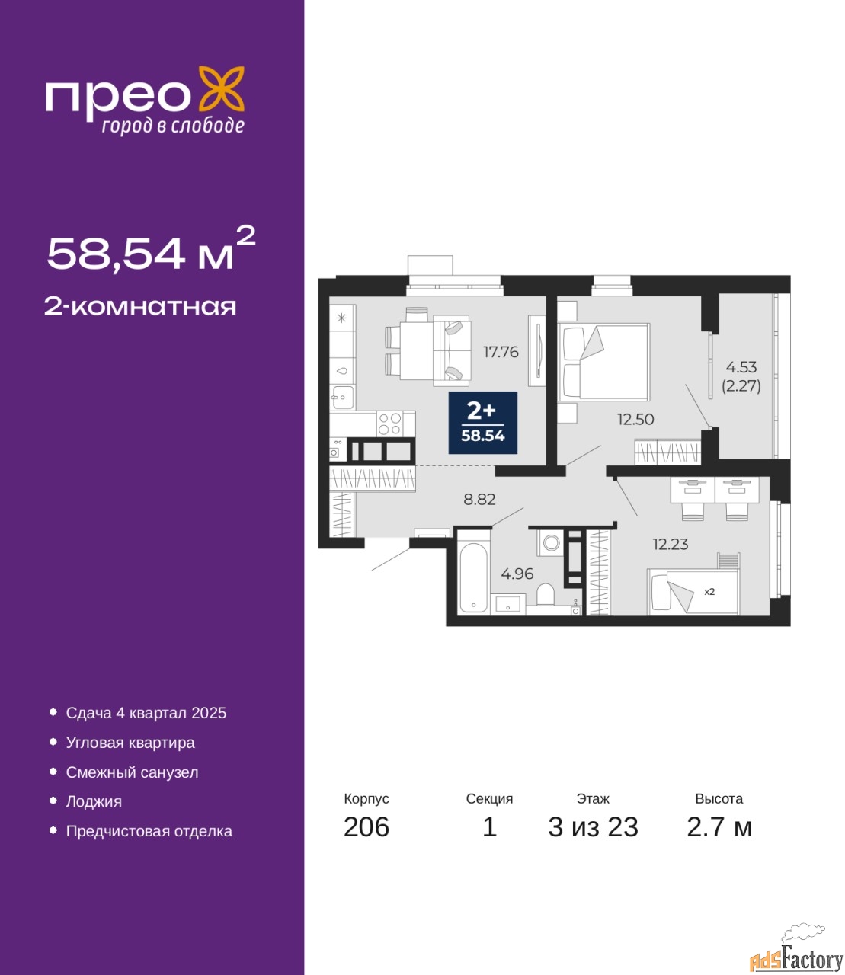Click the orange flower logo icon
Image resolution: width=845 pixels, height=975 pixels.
(221, 89)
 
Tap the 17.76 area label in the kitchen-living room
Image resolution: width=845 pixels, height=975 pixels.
(501, 351)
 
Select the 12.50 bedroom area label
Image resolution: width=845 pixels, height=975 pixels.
(635, 419)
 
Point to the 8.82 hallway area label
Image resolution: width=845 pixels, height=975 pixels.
(479, 499)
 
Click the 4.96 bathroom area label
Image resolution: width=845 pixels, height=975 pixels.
(517, 574)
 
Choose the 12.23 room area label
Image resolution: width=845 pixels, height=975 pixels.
(671, 544)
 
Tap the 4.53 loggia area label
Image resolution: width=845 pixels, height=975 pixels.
(741, 366)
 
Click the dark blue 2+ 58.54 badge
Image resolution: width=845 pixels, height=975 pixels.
(482, 423)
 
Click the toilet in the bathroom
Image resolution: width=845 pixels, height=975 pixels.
(546, 593)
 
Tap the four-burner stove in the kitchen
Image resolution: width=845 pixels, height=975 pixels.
(389, 424)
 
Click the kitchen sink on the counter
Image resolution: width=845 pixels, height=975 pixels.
(343, 398)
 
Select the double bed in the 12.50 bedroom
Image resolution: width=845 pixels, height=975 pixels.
(603, 362)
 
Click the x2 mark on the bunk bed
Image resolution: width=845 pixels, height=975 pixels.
(709, 592)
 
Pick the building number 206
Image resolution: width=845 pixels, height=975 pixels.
(366, 827)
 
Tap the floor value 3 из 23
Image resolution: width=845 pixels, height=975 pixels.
(593, 827)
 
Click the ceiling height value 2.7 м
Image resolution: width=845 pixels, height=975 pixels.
(719, 827)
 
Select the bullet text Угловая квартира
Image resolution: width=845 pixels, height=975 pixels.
(130, 743)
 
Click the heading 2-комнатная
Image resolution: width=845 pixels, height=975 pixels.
(140, 307)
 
